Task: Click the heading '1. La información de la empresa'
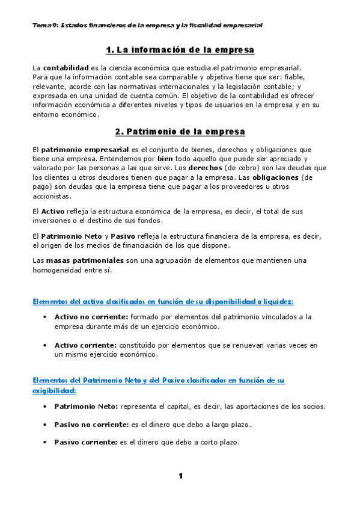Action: [180, 49]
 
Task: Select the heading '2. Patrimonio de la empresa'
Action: [180, 131]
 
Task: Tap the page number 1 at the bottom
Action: [180, 476]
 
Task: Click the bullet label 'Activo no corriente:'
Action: [91, 316]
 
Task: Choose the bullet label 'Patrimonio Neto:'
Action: [86, 407]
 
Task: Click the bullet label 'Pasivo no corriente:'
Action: [91, 424]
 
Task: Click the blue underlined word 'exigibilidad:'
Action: [53, 390]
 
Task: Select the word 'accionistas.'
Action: [52, 197]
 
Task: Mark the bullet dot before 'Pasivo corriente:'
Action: [46, 442]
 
